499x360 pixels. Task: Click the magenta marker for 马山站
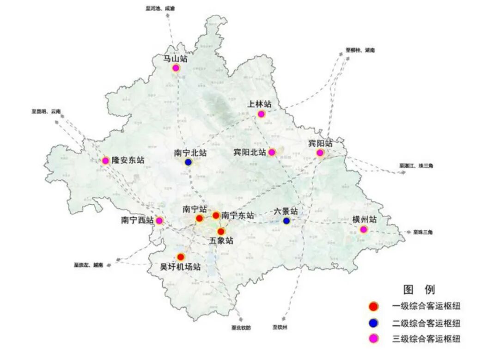[176, 68]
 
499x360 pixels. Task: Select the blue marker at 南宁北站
[189, 162]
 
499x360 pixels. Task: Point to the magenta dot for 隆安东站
[105, 161]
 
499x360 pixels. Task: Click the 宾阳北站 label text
[249, 152]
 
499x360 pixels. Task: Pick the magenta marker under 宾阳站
[320, 153]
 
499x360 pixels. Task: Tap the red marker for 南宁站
[200, 218]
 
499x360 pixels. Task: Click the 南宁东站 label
[237, 215]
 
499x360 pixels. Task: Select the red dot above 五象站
[221, 231]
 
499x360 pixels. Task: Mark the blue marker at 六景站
[286, 221]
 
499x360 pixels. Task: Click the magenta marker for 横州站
[364, 229]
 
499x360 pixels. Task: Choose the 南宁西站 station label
[137, 220]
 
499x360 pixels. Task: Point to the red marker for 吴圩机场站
[181, 256]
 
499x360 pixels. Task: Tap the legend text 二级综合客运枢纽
[426, 323]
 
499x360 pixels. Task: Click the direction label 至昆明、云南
[46, 111]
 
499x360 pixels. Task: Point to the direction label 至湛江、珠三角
[416, 165]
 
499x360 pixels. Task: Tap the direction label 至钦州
[280, 327]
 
